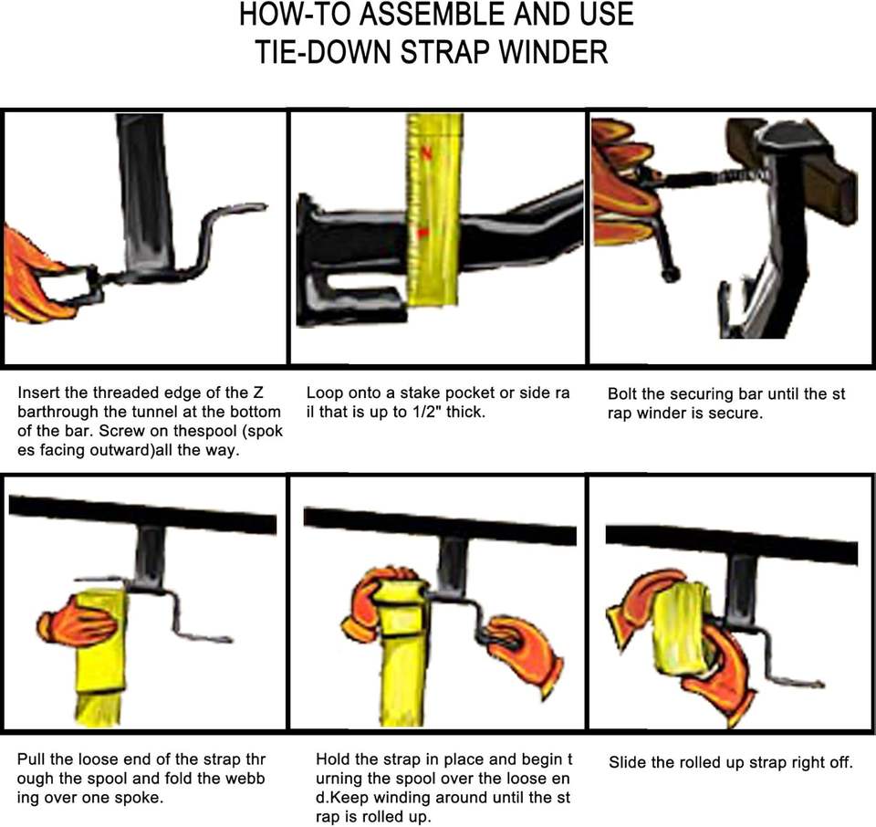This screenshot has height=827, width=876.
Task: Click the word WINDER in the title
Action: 553,51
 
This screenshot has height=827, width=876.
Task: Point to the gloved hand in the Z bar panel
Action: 34,274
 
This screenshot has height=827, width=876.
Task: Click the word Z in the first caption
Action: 258,393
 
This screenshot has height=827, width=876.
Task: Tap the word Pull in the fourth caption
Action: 31,759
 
